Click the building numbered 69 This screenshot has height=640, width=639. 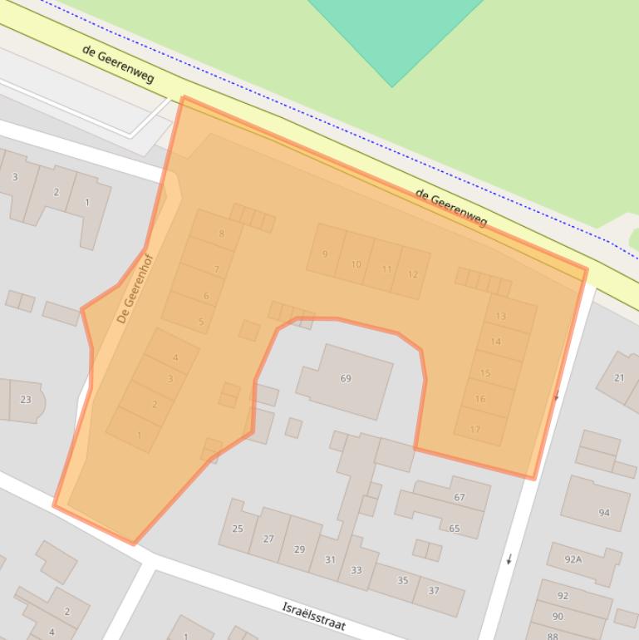click(346, 379)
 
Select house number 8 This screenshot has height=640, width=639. click(220, 234)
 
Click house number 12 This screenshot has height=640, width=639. click(413, 274)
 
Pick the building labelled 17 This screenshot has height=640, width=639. click(475, 430)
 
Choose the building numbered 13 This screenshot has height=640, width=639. click(501, 316)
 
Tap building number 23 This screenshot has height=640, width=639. click(25, 400)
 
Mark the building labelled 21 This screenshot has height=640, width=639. click(619, 378)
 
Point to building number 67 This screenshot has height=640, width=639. click(459, 497)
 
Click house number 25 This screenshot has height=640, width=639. click(238, 529)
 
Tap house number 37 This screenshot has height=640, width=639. click(434, 590)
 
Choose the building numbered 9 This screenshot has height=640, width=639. click(325, 254)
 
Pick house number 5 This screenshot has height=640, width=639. click(201, 322)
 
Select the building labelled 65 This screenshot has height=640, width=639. click(455, 528)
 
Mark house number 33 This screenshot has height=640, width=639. click(356, 570)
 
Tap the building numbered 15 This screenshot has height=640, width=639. click(485, 373)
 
